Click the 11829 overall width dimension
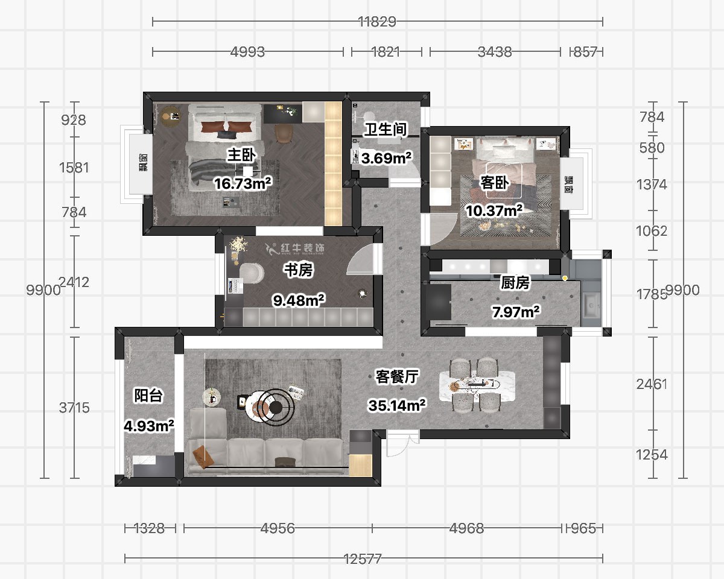377,22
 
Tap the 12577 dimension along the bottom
363,559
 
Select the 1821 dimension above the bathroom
386,52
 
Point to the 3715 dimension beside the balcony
74,408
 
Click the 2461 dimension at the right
652,384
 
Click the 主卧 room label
241,155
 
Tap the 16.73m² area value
243,183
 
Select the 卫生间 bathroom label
386,130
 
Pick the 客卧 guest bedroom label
494,183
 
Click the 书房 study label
299,270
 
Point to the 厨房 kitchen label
515,283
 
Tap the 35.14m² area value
397,405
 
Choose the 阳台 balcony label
148,395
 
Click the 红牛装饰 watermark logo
294,248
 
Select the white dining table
477,385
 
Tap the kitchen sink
591,305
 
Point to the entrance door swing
402,445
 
